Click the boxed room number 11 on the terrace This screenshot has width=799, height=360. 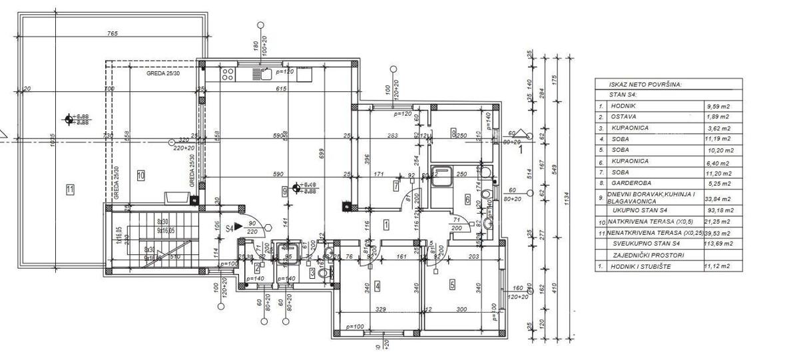[70, 190]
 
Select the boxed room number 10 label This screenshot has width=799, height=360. [140, 176]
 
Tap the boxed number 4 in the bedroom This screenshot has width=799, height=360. [378, 286]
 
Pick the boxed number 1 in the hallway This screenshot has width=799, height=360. [387, 224]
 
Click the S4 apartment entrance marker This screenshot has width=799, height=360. [229, 228]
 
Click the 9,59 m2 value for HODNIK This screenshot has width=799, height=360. [718, 106]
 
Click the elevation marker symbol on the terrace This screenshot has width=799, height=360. [69, 120]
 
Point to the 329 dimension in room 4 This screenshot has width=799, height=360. [380, 309]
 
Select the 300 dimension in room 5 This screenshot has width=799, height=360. [461, 309]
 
